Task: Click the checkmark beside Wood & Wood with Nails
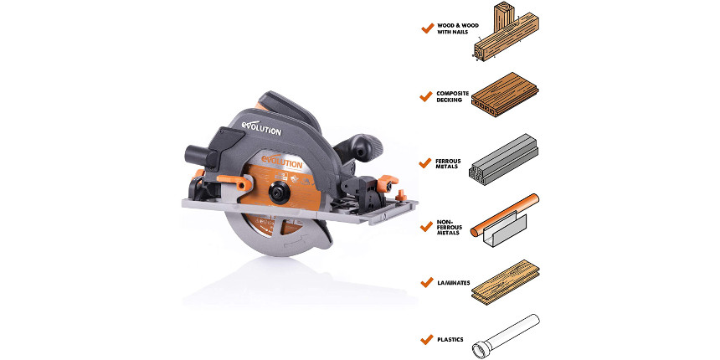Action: click(x=428, y=28)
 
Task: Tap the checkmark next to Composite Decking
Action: click(x=426, y=96)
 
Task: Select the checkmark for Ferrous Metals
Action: click(x=425, y=163)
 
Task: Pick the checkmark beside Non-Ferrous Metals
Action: click(x=427, y=226)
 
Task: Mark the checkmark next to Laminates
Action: click(x=427, y=282)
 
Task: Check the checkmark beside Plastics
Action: click(x=427, y=339)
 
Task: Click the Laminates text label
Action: click(x=454, y=283)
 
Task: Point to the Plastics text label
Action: click(x=450, y=340)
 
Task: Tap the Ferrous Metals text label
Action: click(x=448, y=163)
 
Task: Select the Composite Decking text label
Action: click(x=453, y=96)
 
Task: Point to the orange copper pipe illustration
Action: click(x=505, y=215)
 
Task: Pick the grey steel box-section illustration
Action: click(x=503, y=159)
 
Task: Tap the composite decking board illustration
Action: click(x=505, y=95)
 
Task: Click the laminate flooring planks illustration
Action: click(x=505, y=282)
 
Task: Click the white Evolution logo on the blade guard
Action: click(x=261, y=128)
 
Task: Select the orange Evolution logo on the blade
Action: click(x=281, y=162)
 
